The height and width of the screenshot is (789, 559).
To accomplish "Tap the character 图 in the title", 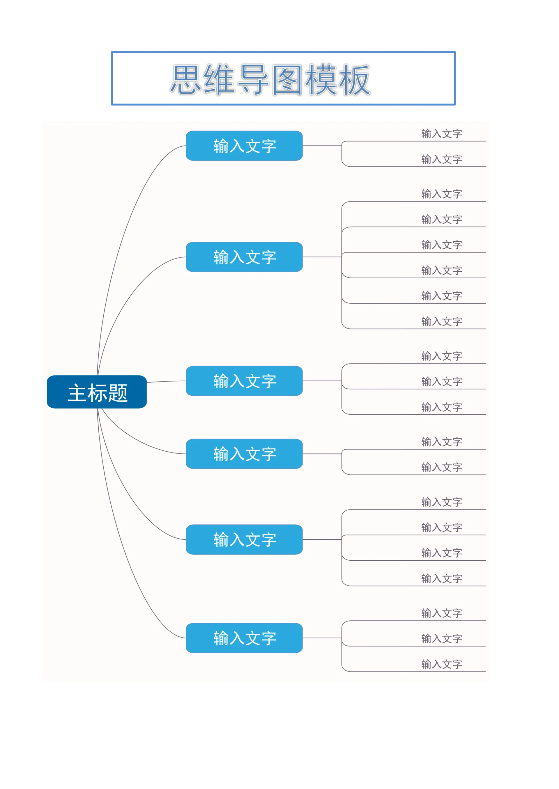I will (x=287, y=79).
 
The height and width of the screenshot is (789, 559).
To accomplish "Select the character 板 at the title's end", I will (x=355, y=79).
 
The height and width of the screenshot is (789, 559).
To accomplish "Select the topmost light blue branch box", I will (x=244, y=146).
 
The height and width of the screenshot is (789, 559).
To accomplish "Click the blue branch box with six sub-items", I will (x=244, y=257).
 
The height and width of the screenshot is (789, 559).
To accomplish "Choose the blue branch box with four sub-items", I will (x=244, y=539).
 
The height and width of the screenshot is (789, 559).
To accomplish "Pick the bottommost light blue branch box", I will (x=244, y=638).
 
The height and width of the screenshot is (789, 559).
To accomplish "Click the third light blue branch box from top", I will (x=244, y=381).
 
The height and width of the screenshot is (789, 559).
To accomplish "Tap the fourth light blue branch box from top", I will (x=244, y=454).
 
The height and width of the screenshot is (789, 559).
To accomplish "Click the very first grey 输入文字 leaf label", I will (x=442, y=134).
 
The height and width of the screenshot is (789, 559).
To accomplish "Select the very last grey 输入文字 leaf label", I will (x=442, y=664).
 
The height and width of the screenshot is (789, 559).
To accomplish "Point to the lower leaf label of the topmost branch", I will (x=442, y=159).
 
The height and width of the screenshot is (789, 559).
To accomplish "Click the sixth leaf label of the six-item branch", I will (x=442, y=321).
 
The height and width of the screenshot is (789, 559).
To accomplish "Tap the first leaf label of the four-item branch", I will (x=442, y=502).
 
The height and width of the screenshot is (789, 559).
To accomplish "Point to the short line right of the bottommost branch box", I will (x=322, y=638).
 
